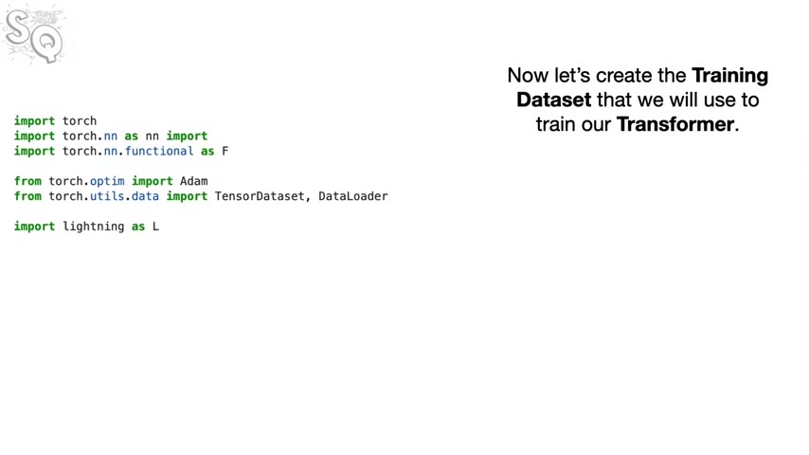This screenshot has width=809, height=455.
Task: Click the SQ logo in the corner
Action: pos(34,35)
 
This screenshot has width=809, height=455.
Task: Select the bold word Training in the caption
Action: pos(729,76)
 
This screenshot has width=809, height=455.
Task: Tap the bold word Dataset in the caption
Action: pos(553,100)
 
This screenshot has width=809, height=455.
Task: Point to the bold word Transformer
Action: pos(674,124)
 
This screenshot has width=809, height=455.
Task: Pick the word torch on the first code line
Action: pos(80,120)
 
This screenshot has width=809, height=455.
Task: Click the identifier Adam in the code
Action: pos(194,181)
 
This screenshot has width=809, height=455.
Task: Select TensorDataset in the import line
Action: pos(260,196)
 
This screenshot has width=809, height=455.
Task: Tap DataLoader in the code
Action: pos(353,196)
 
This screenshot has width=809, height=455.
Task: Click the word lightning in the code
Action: pos(94,227)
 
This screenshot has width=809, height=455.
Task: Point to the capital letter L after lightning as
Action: pos(155,227)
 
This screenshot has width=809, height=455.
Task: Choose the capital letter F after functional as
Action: pos(225,152)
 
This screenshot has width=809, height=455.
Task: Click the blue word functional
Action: pos(159,151)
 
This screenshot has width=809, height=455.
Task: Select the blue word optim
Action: pos(107,181)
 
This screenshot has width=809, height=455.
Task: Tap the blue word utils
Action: pos(107,196)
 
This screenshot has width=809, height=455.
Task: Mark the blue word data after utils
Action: pos(145,196)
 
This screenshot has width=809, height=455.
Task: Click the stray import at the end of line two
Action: pos(187,136)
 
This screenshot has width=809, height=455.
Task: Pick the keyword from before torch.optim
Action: pos(27,181)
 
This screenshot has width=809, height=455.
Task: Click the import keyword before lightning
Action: pos(34,227)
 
